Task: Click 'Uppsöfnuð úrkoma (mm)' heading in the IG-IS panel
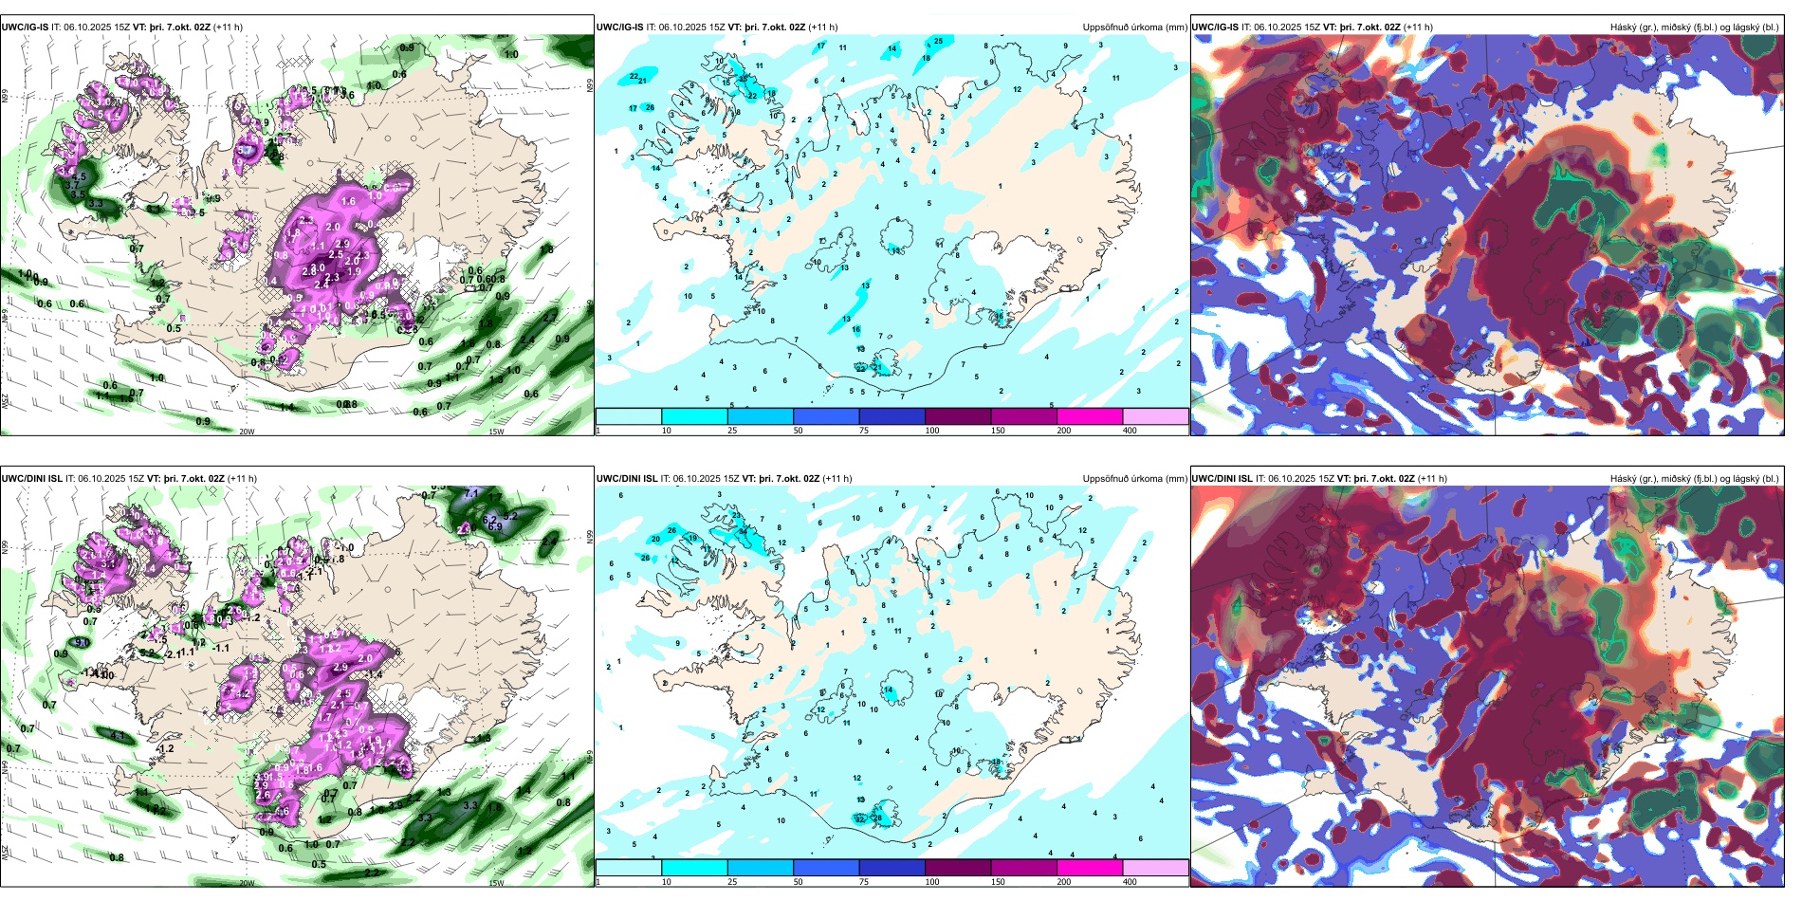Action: point(1134,28)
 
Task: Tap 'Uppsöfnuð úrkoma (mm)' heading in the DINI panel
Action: point(1134,479)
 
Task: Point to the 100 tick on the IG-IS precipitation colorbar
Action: point(931,431)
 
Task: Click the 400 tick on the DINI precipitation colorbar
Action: point(1130,882)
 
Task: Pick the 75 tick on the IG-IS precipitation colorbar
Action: point(864,431)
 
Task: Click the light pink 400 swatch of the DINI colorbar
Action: point(1154,868)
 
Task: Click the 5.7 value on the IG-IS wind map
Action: point(245,150)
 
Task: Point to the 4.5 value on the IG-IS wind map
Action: point(80,176)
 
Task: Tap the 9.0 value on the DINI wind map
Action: point(82,643)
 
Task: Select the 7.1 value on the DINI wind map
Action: point(470,494)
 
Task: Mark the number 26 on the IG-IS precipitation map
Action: point(650,107)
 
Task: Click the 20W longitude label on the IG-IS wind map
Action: point(247,432)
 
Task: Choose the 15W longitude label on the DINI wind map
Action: point(495,883)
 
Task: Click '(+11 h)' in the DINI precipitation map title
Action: point(837,479)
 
